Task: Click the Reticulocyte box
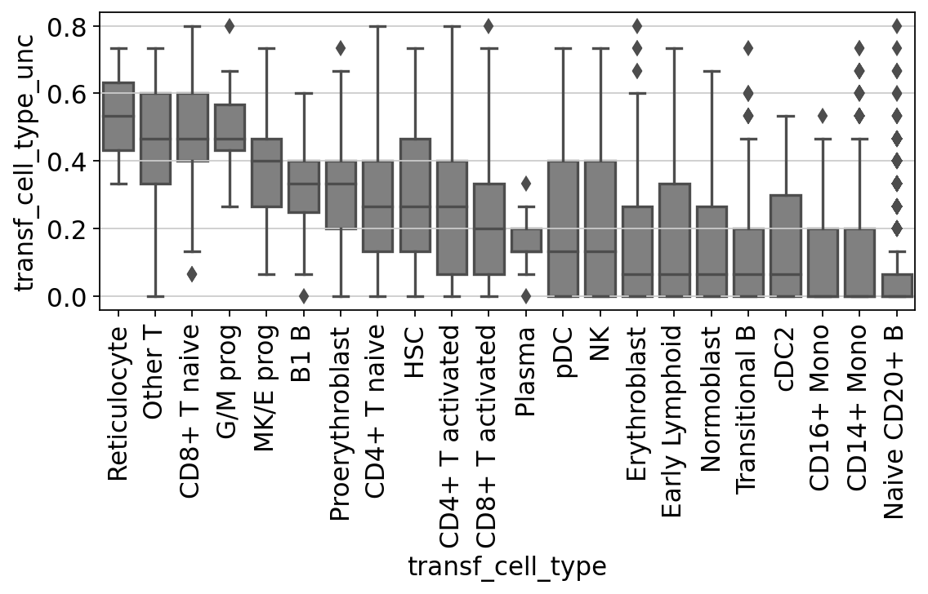pos(118,117)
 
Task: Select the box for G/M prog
pos(230,127)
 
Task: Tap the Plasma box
pos(526,241)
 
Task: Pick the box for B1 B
pos(304,187)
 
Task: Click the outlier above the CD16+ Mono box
pos(823,115)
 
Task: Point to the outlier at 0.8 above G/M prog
pos(230,26)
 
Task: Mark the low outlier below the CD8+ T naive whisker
pos(192,274)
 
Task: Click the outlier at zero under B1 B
pos(304,295)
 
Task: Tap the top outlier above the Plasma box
pos(526,184)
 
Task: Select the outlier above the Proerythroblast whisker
pos(341,47)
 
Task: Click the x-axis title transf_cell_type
pos(507,566)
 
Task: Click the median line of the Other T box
pos(155,139)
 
